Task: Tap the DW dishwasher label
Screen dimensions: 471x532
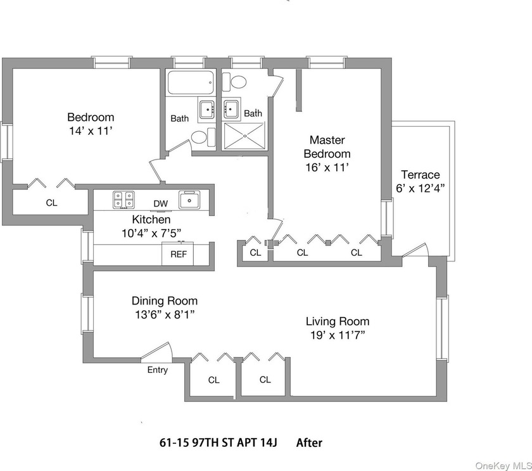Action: coord(160,203)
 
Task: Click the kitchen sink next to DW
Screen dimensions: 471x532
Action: coord(189,200)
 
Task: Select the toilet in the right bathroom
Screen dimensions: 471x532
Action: coord(239,82)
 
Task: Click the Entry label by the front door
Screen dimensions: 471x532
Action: coord(158,370)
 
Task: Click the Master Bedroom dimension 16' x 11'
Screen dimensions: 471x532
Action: coord(327,168)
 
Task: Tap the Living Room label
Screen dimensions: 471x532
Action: coord(338,321)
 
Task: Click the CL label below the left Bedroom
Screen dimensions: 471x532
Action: coord(51,203)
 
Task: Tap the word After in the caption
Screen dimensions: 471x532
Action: coord(309,443)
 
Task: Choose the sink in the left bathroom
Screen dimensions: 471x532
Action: coord(206,110)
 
